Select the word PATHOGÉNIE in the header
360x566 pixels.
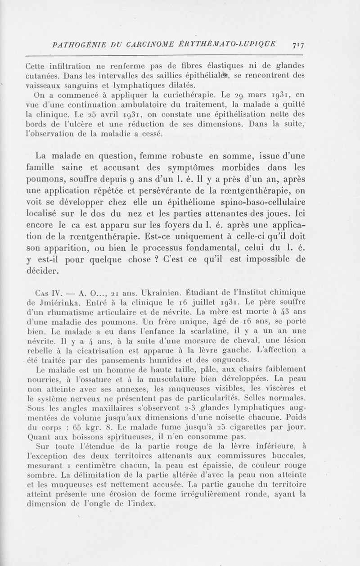[76, 45]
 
